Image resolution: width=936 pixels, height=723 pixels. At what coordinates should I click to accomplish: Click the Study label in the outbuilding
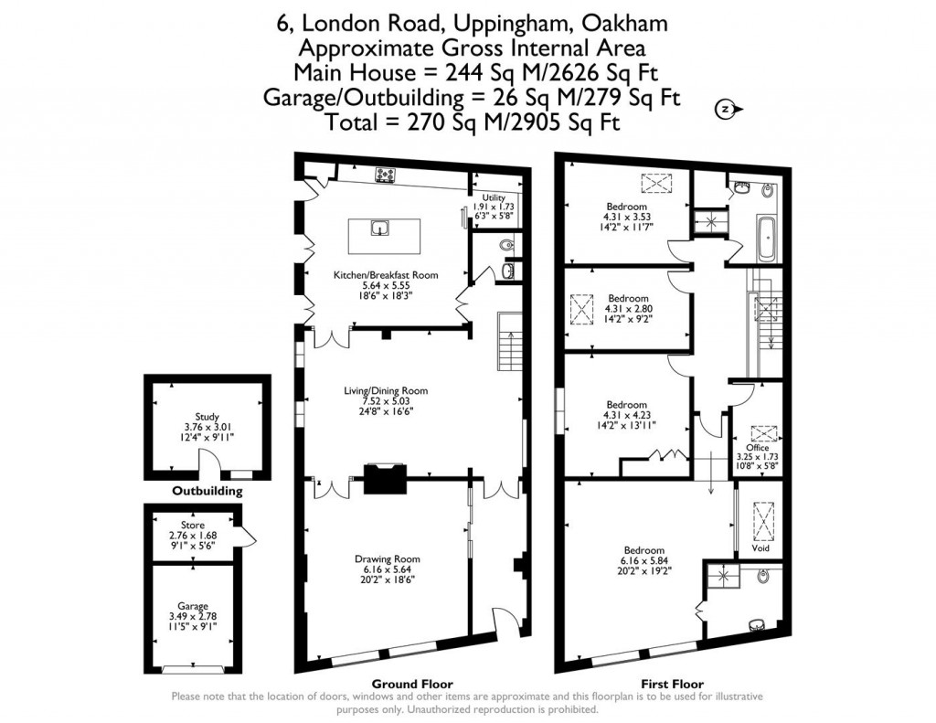(207, 417)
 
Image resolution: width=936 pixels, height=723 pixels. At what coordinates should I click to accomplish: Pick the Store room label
(193, 526)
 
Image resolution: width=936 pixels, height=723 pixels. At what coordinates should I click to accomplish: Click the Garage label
(193, 606)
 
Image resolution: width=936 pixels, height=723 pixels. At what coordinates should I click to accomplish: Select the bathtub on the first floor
(765, 239)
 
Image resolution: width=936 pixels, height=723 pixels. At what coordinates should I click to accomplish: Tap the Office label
(758, 447)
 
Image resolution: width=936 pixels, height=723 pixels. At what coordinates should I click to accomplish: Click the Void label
(760, 548)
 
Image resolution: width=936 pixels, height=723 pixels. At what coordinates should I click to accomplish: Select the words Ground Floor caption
(411, 684)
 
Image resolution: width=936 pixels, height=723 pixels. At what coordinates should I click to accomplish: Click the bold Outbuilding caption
(207, 491)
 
